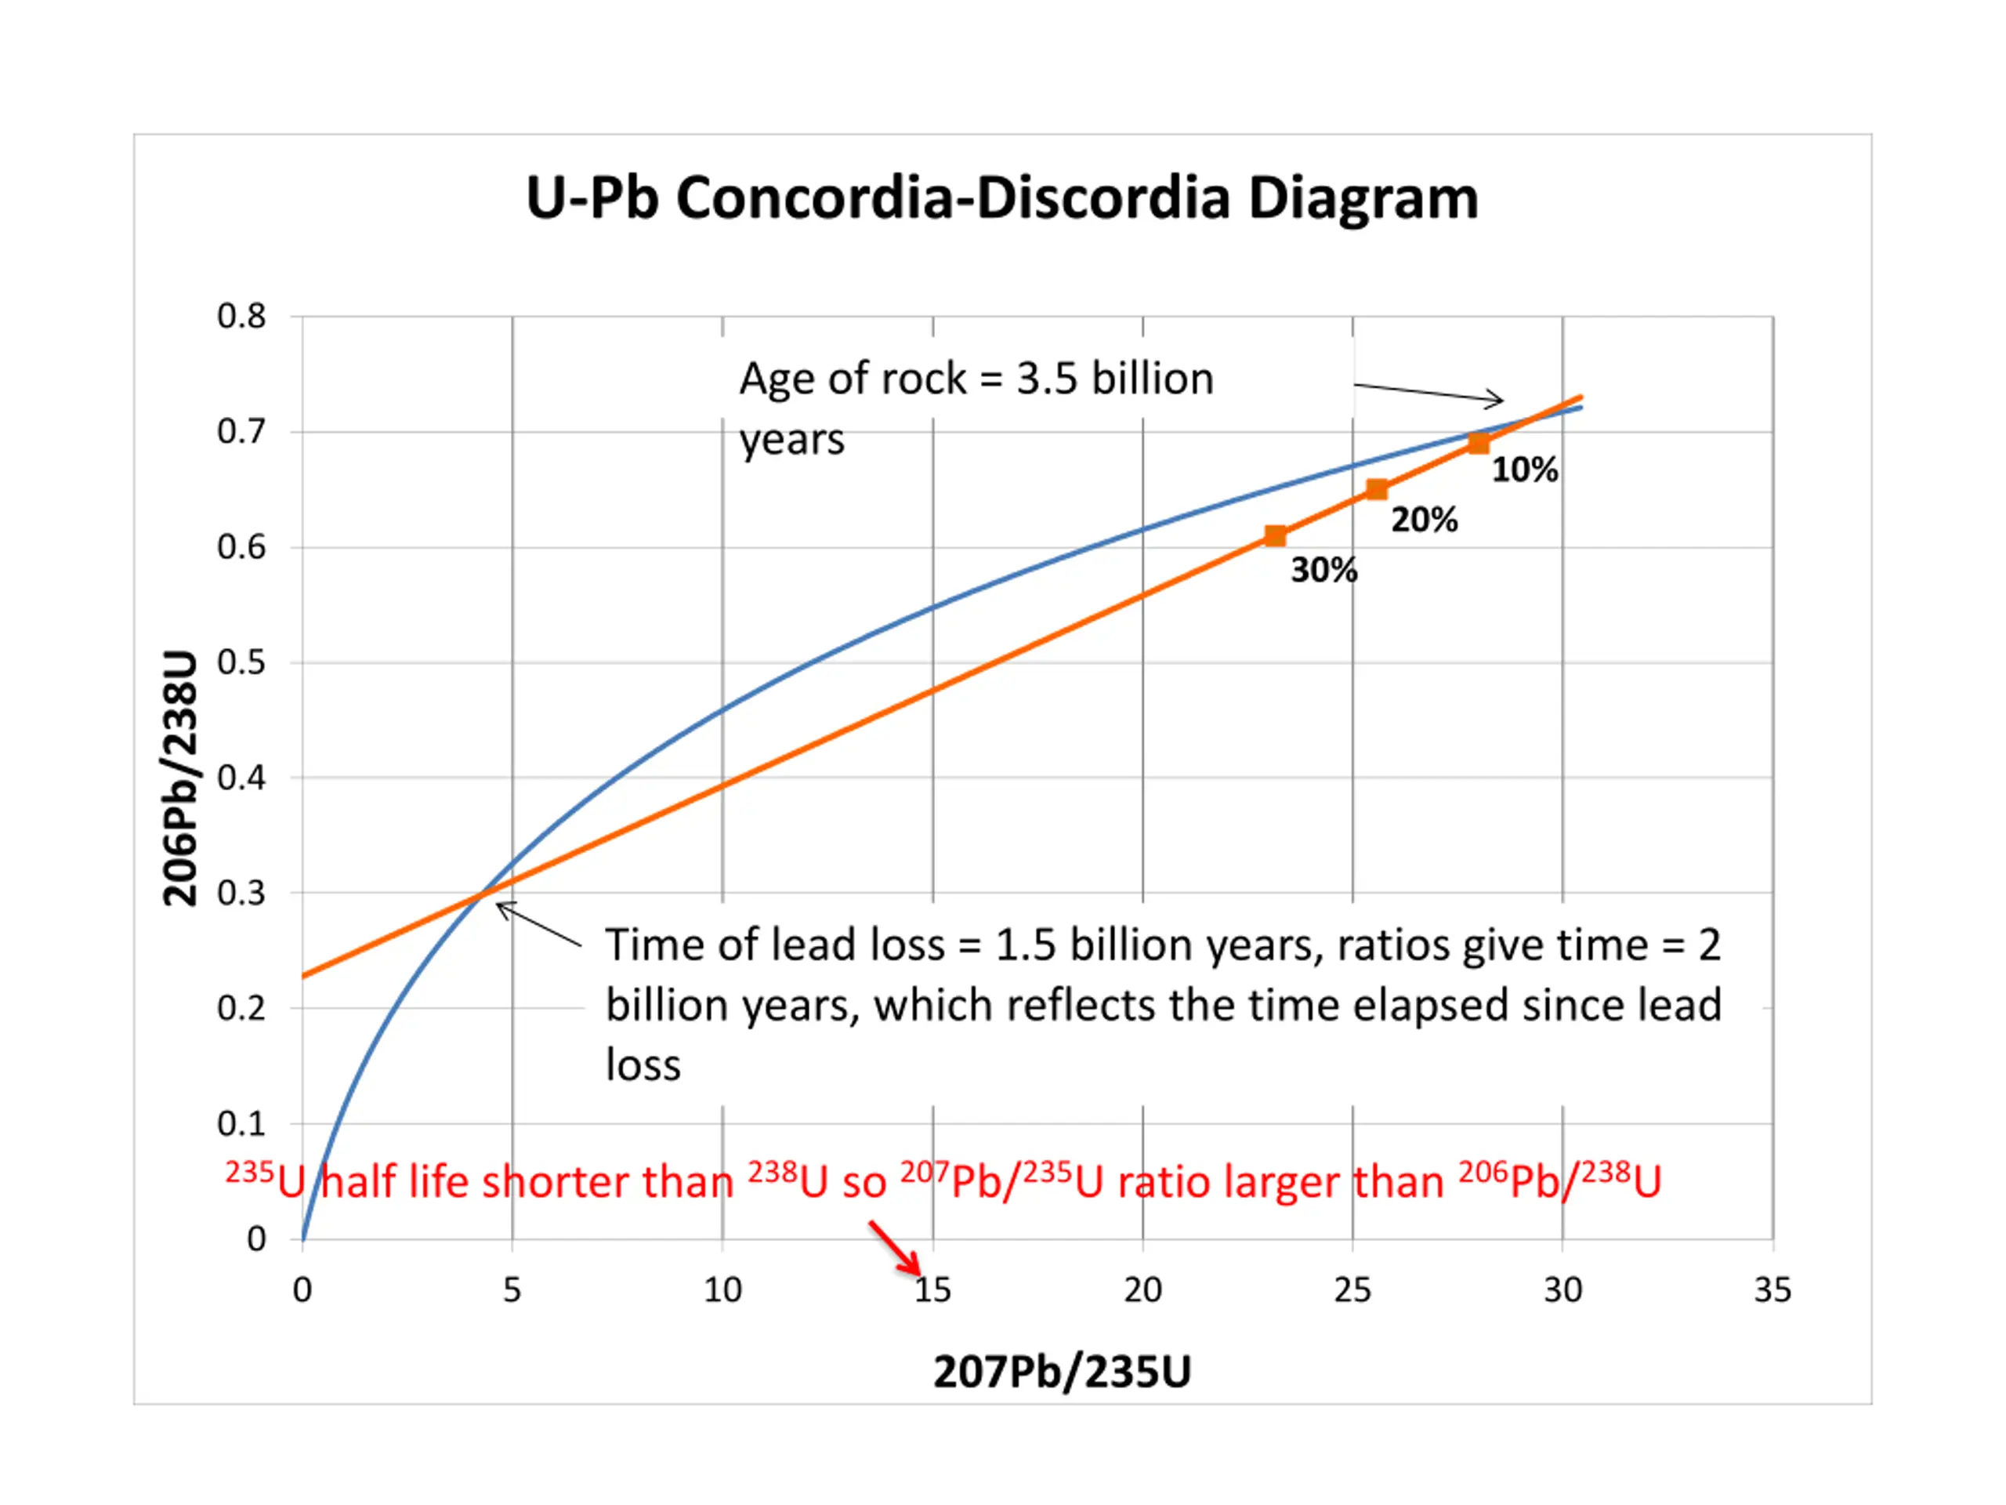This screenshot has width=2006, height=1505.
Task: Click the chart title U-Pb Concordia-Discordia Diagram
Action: click(1002, 198)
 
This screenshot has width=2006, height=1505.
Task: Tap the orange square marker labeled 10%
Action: click(1478, 444)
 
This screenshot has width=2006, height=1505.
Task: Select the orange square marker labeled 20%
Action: click(1377, 490)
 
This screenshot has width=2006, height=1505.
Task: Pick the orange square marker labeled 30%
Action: click(1275, 536)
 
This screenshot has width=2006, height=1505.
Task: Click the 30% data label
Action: click(1324, 571)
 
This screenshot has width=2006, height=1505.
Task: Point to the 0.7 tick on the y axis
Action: click(241, 432)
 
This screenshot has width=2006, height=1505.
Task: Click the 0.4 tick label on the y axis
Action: click(241, 778)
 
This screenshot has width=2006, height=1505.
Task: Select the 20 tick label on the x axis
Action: click(1142, 1290)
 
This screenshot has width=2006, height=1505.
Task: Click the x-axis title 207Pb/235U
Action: click(1062, 1372)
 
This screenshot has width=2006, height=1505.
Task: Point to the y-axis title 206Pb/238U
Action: click(179, 778)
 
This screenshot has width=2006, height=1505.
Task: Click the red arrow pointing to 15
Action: click(895, 1248)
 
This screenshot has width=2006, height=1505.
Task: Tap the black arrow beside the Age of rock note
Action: click(1428, 392)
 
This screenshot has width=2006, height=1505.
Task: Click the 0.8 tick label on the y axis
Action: click(241, 317)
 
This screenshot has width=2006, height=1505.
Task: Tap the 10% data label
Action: click(1526, 470)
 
